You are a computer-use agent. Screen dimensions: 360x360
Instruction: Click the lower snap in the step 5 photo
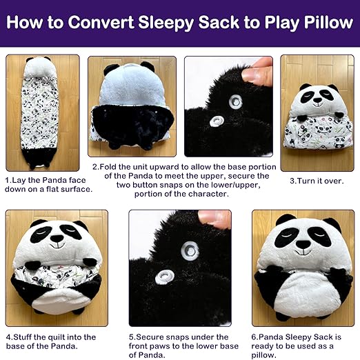[165, 277]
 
